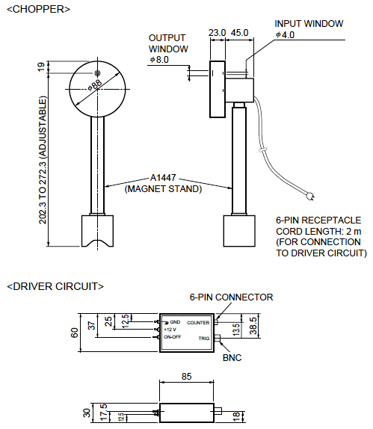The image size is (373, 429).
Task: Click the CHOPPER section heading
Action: click(38, 9)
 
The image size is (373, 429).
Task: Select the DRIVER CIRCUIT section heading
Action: click(55, 286)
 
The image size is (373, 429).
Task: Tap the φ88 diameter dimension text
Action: click(95, 84)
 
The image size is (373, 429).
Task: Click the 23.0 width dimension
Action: click(217, 33)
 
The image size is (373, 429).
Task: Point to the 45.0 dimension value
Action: click(239, 33)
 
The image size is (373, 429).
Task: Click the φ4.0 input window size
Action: click(285, 35)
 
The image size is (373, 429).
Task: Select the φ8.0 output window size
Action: click(159, 60)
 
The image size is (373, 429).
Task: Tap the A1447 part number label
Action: click(163, 178)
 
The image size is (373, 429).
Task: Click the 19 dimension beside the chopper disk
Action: click(40, 67)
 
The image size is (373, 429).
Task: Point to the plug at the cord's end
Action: click(311, 196)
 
